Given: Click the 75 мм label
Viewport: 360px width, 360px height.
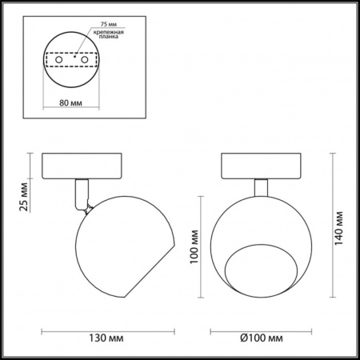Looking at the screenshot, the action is tap(109, 24).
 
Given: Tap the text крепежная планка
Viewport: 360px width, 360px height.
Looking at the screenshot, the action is tap(108, 34).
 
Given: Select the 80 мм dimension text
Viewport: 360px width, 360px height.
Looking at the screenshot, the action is tap(70, 102).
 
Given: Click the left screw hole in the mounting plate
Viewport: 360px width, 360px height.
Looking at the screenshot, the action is tap(59, 59).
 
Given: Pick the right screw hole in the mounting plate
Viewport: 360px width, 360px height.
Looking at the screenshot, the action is tap(85, 59).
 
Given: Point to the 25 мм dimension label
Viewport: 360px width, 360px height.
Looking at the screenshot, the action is tap(24, 197).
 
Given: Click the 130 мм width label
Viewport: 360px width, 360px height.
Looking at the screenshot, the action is tap(106, 338).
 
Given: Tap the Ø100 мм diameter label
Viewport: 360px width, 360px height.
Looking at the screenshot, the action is tap(262, 338).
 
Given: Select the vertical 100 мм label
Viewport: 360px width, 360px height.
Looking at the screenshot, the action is tap(194, 246).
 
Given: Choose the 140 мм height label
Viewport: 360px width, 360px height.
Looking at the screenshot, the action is tap(338, 228).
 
